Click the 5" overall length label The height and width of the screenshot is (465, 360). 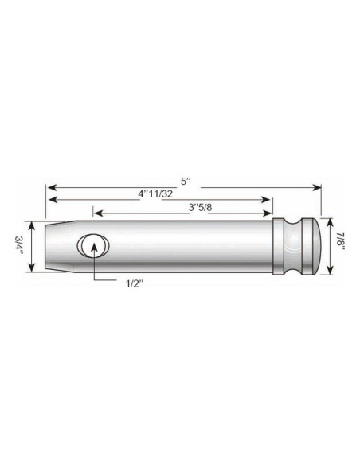[x=186, y=181]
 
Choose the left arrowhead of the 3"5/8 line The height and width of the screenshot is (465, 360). [x=97, y=212]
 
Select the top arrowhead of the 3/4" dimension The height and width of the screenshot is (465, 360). [x=30, y=224]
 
